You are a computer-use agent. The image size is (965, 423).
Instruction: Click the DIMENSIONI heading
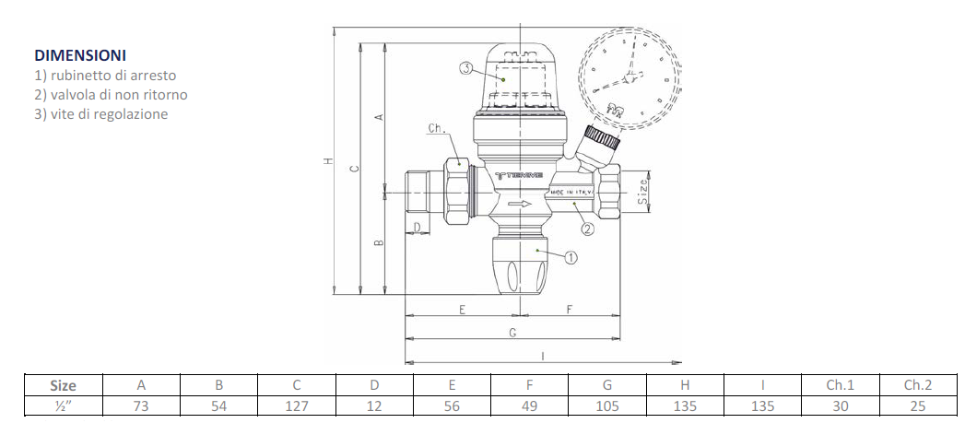pyautogui.click(x=80, y=56)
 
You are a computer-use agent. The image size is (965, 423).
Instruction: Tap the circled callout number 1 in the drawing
pyautogui.click(x=571, y=258)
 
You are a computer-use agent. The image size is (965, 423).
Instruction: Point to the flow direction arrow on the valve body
pyautogui.click(x=522, y=205)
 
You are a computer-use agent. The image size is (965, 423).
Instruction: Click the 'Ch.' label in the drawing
pyautogui.click(x=437, y=129)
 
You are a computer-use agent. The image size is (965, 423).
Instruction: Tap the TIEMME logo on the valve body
pyautogui.click(x=520, y=174)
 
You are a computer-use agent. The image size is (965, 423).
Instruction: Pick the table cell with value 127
pyautogui.click(x=297, y=405)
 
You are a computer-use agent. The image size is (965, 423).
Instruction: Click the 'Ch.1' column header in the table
pyautogui.click(x=841, y=385)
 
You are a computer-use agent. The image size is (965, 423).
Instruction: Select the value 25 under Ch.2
pyautogui.click(x=918, y=405)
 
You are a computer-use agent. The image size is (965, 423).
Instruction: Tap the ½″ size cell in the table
pyautogui.click(x=63, y=405)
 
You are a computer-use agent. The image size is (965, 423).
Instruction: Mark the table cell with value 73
pyautogui.click(x=141, y=405)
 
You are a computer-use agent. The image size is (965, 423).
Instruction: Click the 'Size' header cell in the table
pyautogui.click(x=63, y=385)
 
